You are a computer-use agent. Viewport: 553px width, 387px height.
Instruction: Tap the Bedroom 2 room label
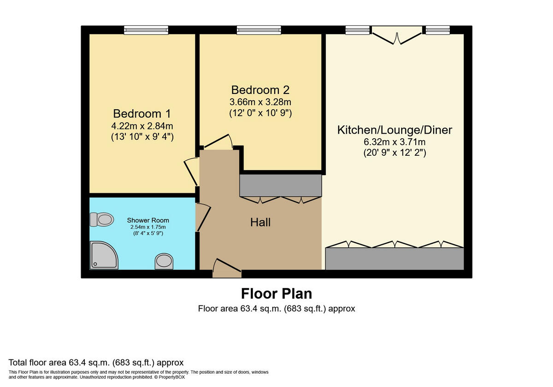[260, 89]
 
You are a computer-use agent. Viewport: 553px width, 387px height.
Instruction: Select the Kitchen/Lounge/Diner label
[394, 130]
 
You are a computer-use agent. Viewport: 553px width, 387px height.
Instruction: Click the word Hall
[260, 222]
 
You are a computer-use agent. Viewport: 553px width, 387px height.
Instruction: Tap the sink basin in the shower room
[164, 261]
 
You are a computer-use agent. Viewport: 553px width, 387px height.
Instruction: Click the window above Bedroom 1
[146, 30]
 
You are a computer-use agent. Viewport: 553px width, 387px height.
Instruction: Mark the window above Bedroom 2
[259, 30]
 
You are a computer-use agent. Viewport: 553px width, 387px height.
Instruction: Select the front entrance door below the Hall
[227, 268]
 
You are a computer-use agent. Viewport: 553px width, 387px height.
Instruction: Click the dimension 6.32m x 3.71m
[394, 142]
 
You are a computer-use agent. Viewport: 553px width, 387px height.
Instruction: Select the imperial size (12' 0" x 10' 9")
[260, 112]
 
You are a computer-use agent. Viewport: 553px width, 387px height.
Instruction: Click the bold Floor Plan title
[276, 293]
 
